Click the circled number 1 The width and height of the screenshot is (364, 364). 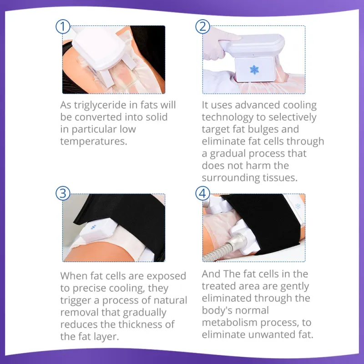click(63, 26)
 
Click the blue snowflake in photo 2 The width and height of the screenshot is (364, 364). click(254, 70)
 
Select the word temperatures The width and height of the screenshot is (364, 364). click(92, 141)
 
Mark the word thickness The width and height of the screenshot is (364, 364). click(139, 324)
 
